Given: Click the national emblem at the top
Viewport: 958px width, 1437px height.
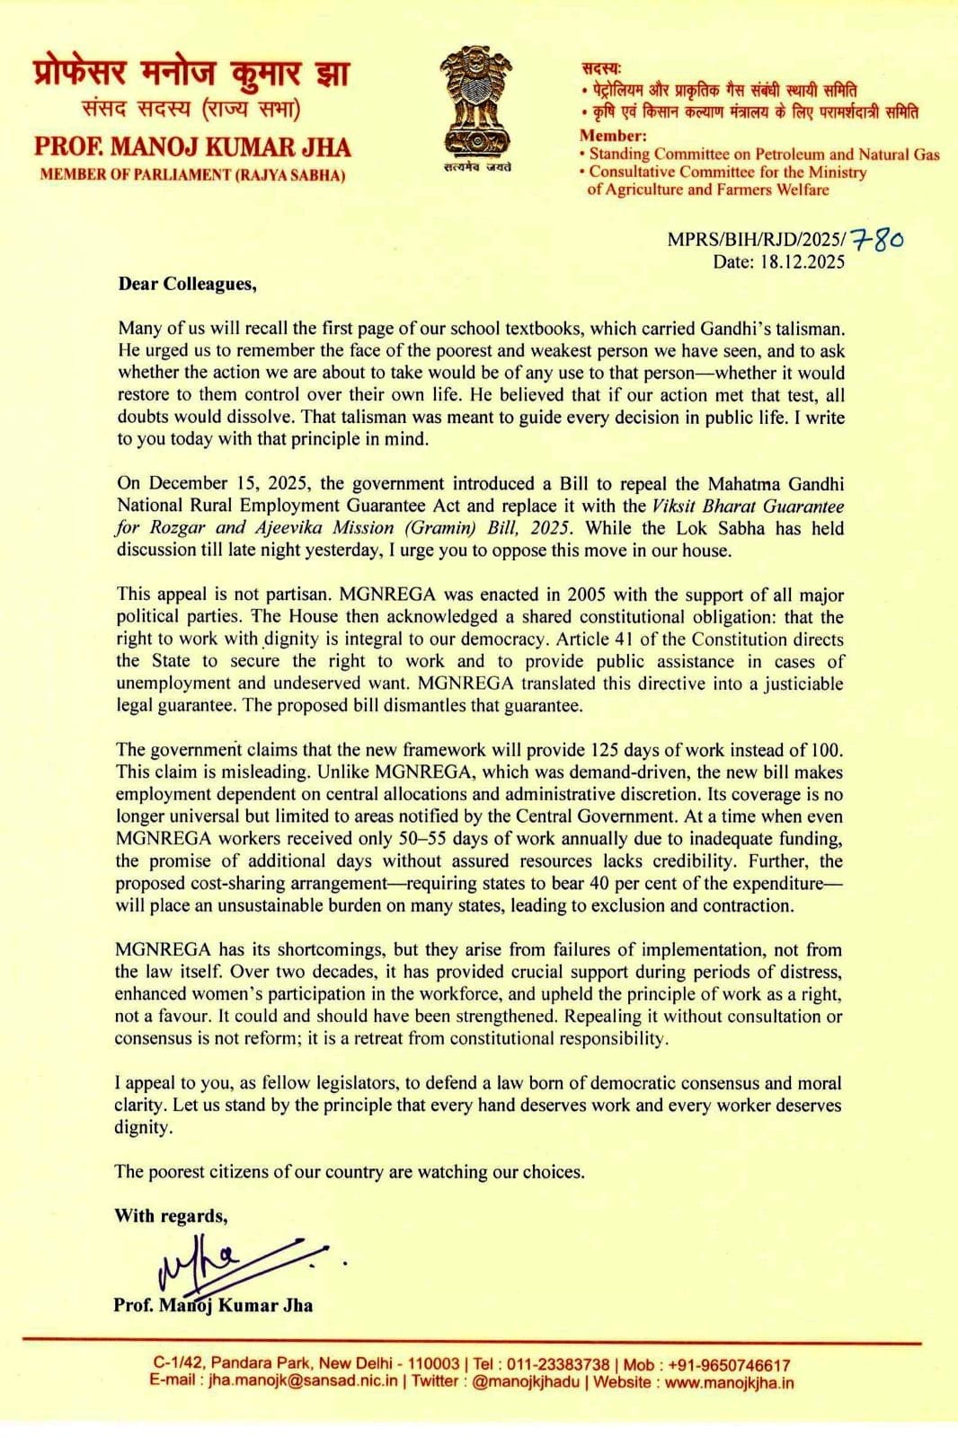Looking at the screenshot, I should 475,101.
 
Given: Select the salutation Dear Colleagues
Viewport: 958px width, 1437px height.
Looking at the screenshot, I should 187,284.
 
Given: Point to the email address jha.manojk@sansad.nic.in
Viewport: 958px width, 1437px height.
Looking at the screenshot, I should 302,1380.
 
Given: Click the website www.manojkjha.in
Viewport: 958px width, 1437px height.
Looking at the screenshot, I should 729,1381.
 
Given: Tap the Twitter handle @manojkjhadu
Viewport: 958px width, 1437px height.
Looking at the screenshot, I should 526,1381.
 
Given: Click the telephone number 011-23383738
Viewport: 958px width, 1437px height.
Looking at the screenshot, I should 558,1364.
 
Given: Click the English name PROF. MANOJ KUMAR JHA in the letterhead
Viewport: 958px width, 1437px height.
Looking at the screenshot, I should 192,147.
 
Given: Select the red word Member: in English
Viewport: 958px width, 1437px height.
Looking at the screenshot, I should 613,136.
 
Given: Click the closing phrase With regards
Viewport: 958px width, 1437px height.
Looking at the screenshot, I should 171,1216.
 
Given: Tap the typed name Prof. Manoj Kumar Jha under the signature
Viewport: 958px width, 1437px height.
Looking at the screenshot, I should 213,1305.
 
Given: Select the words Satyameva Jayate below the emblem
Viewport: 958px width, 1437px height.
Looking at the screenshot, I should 476,167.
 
